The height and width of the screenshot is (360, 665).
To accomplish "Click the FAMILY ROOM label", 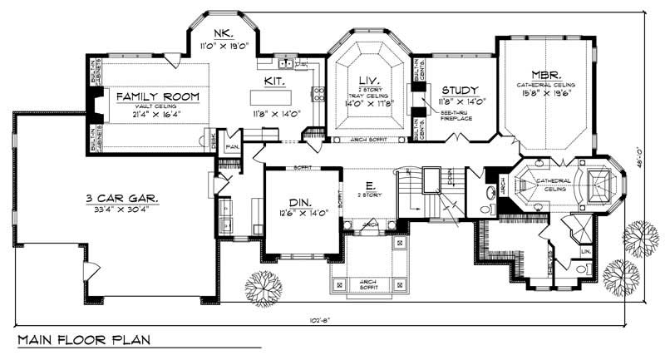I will [158, 96].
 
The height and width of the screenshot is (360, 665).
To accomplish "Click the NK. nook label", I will [221, 33].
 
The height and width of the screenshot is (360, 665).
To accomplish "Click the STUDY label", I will [458, 89].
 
